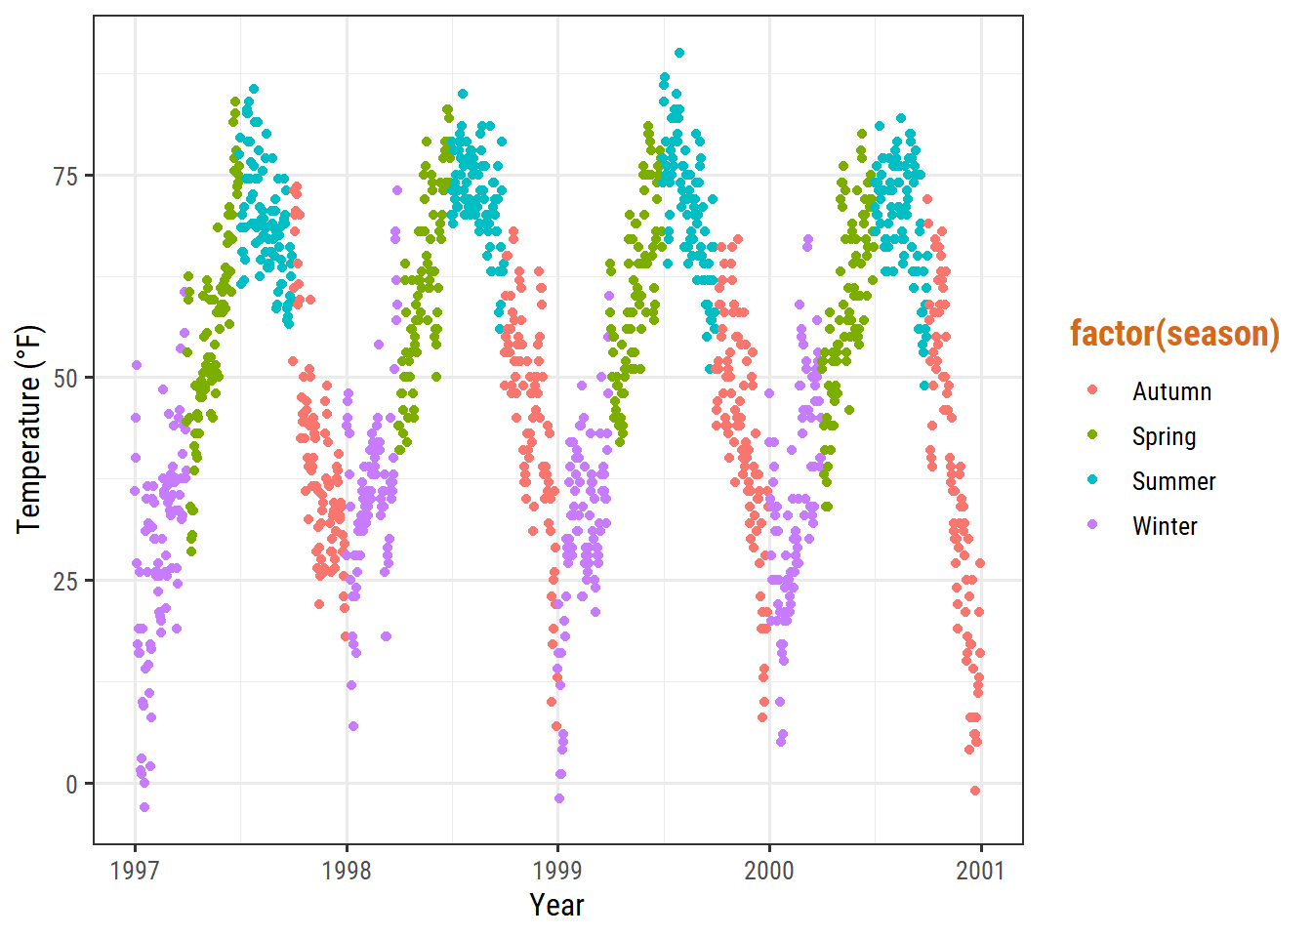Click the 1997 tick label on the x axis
(135, 870)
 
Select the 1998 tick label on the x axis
(347, 870)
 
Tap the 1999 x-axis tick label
(557, 870)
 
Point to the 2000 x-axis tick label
(769, 870)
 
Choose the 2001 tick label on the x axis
(980, 870)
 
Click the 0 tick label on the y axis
(71, 784)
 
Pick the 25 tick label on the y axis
(66, 581)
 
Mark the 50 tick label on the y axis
(66, 379)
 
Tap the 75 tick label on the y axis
(66, 176)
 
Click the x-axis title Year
(557, 905)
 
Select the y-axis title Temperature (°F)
(29, 429)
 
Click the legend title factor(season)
(1174, 334)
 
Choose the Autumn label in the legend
(1171, 391)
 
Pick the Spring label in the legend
(1164, 436)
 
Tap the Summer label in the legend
(1173, 481)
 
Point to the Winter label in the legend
(1165, 526)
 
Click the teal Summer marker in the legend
(1092, 480)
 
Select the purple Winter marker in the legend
(1092, 525)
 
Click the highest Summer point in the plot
(679, 54)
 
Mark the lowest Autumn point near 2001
(975, 791)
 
